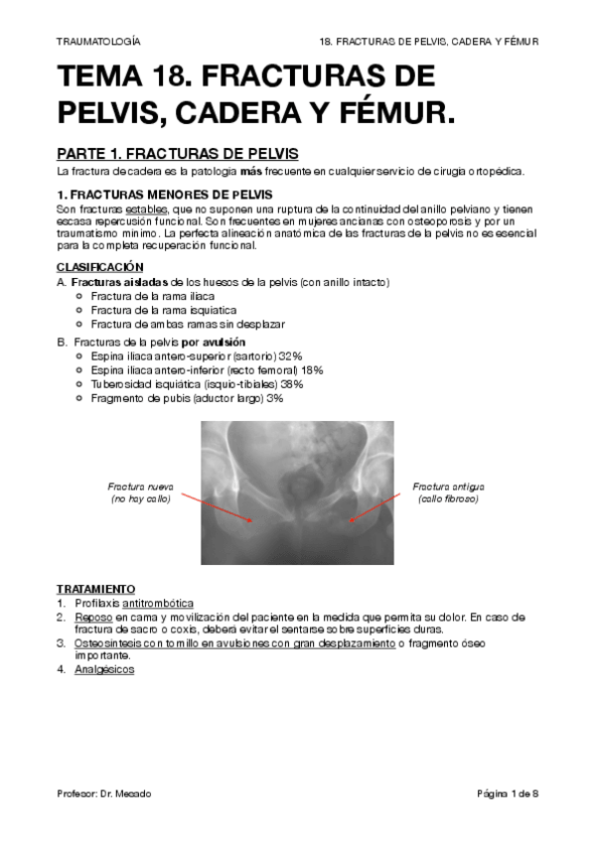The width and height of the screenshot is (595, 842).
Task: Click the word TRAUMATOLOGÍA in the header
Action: (x=97, y=42)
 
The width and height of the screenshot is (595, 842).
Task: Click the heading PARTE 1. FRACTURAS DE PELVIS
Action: (x=177, y=154)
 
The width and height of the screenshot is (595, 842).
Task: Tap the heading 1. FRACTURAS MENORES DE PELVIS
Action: (x=165, y=194)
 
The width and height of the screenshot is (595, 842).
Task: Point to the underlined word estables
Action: (x=147, y=210)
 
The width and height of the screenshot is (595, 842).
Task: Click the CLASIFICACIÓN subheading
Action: (x=100, y=267)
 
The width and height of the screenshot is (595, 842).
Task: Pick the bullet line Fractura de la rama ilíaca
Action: (x=150, y=296)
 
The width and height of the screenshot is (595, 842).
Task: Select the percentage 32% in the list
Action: (x=291, y=355)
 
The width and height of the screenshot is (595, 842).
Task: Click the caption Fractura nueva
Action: (x=140, y=487)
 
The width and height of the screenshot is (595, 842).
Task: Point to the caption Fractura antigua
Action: (x=448, y=487)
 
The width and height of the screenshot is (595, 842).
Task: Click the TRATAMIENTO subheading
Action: (x=96, y=589)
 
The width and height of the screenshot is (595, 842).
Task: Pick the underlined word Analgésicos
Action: (x=104, y=669)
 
